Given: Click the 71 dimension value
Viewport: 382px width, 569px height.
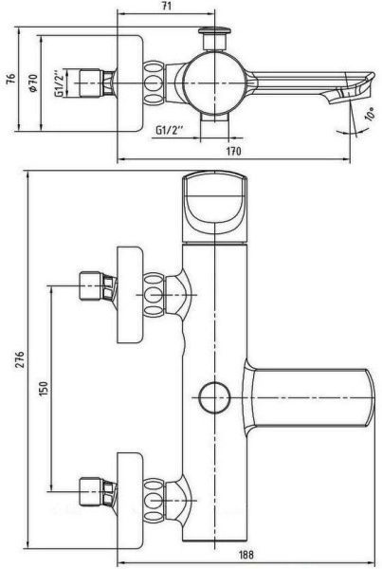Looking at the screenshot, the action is pos(166,7).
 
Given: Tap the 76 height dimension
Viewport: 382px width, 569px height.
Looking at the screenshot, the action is pos(11,79).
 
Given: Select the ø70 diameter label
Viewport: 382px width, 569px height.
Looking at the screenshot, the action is pos(33,83).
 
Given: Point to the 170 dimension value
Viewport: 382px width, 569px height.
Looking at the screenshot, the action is pos(233,151).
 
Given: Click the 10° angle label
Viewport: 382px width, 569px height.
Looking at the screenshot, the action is pos(371,113).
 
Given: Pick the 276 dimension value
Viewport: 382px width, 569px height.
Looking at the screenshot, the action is pos(19,359).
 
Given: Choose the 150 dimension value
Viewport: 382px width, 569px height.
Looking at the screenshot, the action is pos(44,389).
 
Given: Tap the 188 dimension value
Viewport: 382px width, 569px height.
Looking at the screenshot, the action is pos(246,555).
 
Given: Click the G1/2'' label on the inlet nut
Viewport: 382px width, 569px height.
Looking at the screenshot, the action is pos(61,83).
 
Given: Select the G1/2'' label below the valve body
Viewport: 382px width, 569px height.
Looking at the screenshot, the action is pos(169,130).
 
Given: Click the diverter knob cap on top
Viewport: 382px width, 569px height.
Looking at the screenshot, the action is pos(215,30).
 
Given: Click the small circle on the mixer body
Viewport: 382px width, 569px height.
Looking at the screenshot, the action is pos(215,397).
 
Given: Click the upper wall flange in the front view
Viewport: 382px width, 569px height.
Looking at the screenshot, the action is pos(130,295).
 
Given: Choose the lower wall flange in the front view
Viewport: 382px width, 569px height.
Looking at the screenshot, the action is pos(130,501).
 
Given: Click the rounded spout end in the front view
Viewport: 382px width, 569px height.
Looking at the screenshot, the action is pos(369,397).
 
